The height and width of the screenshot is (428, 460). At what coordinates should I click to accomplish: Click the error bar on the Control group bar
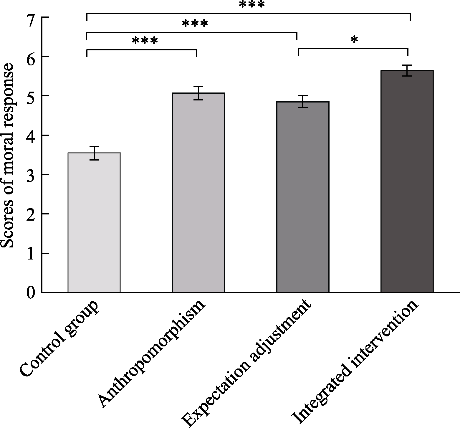click(x=94, y=153)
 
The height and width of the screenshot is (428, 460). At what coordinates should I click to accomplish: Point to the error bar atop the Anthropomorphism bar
click(x=198, y=93)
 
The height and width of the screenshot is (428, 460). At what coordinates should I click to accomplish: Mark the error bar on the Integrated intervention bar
click(x=407, y=71)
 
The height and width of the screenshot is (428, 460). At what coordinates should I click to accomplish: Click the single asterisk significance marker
click(x=354, y=40)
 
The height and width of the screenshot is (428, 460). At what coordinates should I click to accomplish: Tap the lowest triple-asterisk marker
click(x=145, y=41)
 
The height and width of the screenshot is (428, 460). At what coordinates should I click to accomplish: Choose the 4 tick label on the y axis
click(x=31, y=135)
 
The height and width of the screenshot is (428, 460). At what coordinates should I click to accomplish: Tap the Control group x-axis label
click(x=59, y=339)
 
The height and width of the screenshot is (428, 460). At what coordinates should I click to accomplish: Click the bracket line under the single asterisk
click(x=353, y=49)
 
